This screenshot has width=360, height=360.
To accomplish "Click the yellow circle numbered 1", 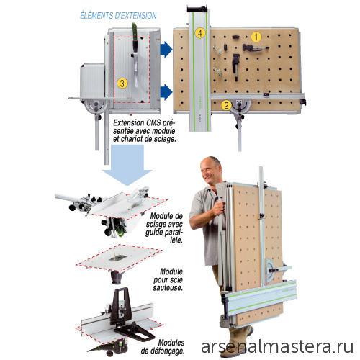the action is [256, 37].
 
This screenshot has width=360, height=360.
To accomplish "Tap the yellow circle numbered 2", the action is [226, 105].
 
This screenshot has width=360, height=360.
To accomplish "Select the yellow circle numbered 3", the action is [122, 84].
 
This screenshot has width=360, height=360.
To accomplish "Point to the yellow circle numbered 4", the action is [200, 33].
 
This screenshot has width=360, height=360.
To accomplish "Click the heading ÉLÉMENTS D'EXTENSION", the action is [118, 16].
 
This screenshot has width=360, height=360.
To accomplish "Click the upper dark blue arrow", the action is [166, 50].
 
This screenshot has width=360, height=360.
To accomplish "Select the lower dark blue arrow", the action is [166, 92].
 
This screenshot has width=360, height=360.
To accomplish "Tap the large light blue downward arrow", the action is [127, 166].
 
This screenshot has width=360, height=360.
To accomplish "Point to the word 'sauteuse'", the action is [168, 287].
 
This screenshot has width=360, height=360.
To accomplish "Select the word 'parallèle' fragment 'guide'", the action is [154, 233].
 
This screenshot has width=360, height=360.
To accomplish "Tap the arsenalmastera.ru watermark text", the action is [277, 347].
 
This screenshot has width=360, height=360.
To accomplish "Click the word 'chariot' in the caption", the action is [135, 139].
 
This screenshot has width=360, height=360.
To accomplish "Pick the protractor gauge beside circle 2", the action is [240, 107].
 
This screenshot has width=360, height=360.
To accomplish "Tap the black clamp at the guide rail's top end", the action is [197, 9].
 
